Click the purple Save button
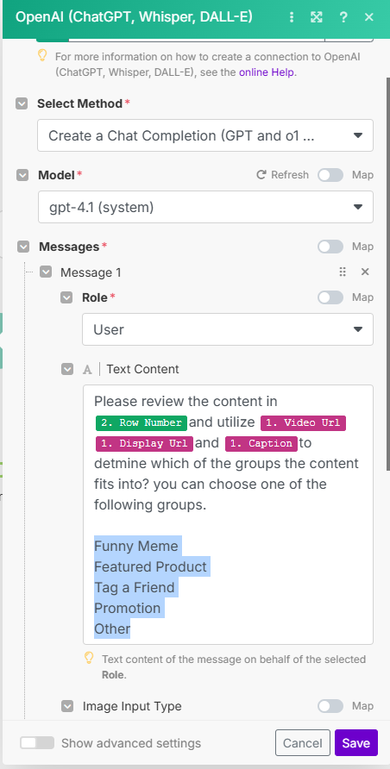coord(356,742)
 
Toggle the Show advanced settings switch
coord(37,742)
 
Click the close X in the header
coord(369,17)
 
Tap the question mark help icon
coord(343,17)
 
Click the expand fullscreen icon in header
coord(317,17)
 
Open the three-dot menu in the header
coord(292,17)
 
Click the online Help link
coord(267,72)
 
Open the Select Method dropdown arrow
coord(358,135)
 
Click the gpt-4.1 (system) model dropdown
coord(205,208)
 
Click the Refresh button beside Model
coord(283,175)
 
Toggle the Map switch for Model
coord(330,175)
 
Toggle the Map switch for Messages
coord(330,247)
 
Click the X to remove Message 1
coord(365,272)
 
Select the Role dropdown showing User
coord(228,329)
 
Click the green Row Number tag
coord(142,422)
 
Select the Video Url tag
coord(303,422)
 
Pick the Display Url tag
coord(144,443)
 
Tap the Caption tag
coord(261,443)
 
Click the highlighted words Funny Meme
coord(136,546)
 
